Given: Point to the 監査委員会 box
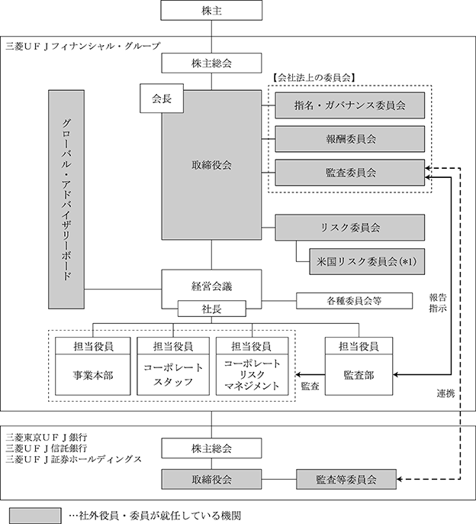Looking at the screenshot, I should (349, 173).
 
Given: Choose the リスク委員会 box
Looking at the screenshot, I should (349, 228).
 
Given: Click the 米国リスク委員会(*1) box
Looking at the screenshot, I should (366, 262).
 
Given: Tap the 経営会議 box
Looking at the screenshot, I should (207, 286).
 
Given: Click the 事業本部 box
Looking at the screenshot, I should (92, 376).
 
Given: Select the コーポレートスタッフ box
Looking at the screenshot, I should (173, 376).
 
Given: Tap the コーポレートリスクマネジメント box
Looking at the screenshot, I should (253, 376).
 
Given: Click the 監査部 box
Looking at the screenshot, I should (360, 376).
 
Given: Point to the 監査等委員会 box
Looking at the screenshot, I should (346, 480).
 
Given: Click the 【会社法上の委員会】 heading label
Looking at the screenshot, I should (315, 76).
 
